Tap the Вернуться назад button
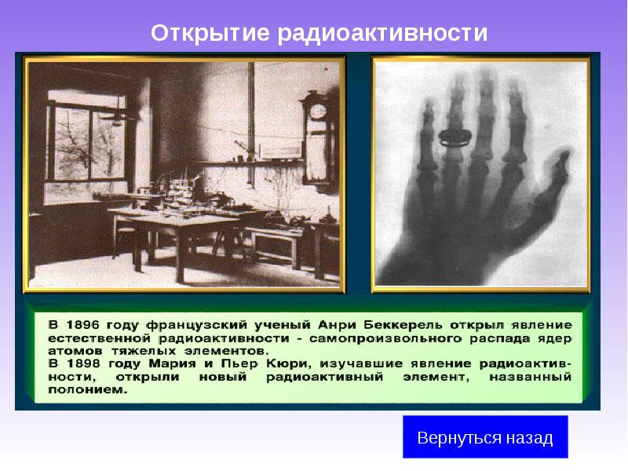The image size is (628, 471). [485, 437]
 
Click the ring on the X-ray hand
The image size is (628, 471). [452, 138]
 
